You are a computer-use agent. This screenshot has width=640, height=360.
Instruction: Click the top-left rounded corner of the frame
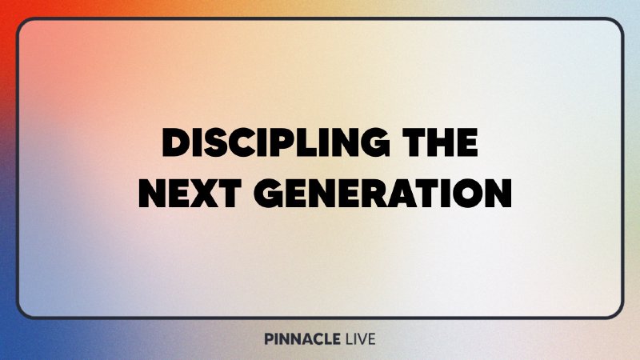click(23, 24)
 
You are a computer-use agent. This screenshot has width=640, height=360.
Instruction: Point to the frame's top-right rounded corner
click(617, 24)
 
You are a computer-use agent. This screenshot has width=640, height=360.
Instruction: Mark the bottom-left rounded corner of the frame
click(23, 312)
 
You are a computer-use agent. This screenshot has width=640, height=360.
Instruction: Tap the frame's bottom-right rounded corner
click(617, 312)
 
